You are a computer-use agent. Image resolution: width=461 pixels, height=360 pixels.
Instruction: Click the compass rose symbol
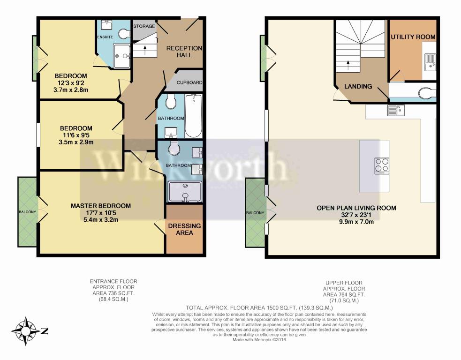click(x=26, y=331)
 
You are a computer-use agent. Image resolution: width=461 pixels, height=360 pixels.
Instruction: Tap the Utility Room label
click(x=413, y=37)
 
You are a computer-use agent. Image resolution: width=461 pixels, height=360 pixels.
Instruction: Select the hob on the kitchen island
click(x=382, y=166)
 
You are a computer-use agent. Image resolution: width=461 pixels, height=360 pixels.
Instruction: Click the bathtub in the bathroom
click(x=193, y=116)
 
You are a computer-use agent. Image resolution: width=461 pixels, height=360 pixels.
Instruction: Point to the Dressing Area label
click(x=184, y=229)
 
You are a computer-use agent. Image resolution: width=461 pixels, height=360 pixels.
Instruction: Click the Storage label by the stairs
click(x=144, y=26)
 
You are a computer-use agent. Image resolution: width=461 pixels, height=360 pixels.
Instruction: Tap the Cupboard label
click(x=189, y=82)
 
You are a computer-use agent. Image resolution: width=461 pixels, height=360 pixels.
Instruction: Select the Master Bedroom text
click(x=101, y=206)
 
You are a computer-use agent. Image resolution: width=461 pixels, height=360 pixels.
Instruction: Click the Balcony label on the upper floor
click(x=255, y=212)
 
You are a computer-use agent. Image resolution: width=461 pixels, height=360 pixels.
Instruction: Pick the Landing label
click(x=358, y=86)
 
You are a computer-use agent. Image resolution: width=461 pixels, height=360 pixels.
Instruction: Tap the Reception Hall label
click(x=184, y=52)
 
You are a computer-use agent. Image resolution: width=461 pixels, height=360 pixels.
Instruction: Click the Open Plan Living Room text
click(x=356, y=208)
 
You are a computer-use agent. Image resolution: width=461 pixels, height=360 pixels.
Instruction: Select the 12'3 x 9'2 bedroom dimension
click(x=70, y=83)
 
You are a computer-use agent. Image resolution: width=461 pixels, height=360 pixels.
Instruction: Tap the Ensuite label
click(x=105, y=37)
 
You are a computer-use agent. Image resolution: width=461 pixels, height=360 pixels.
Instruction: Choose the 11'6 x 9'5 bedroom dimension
click(x=76, y=135)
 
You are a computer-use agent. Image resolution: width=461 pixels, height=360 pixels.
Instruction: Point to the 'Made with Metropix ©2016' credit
click(x=259, y=340)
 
